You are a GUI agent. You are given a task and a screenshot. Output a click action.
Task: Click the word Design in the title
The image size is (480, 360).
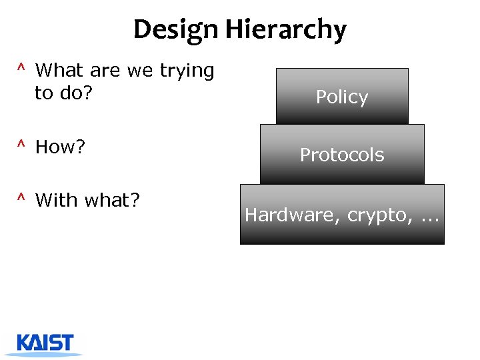click(176, 30)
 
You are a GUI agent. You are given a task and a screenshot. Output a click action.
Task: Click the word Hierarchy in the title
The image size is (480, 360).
click(285, 30)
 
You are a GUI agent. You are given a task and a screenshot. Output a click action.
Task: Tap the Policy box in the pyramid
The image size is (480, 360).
click(342, 97)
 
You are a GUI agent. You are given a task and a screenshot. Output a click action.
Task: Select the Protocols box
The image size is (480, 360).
click(342, 155)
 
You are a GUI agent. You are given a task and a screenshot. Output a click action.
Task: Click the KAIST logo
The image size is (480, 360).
click(46, 343)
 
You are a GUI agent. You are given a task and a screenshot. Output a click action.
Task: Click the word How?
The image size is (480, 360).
click(60, 147)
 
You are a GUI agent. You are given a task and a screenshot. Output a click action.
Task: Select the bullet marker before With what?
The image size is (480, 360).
click(21, 198)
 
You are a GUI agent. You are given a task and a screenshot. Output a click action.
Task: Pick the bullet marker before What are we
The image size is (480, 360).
click(21, 69)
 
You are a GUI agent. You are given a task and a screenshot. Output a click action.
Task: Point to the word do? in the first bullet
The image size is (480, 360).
click(73, 93)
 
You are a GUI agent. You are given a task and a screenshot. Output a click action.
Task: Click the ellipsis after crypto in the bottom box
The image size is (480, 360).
click(426, 217)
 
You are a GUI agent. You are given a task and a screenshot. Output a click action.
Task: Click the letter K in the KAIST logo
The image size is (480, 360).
click(24, 343)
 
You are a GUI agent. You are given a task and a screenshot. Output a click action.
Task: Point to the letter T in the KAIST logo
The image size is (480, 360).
click(66, 343)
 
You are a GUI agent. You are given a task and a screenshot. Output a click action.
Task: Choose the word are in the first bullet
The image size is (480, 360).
click(102, 71)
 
